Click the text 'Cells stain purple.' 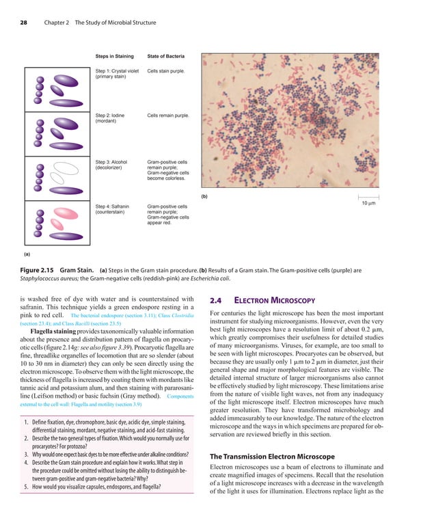(165, 71)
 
